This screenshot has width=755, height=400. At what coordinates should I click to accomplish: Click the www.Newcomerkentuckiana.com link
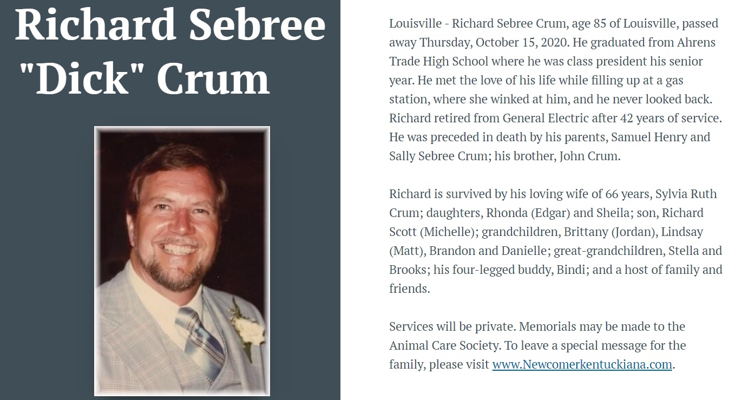coord(582,364)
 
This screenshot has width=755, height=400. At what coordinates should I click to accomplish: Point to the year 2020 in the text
coord(552,42)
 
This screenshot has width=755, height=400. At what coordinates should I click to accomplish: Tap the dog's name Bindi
coord(570,270)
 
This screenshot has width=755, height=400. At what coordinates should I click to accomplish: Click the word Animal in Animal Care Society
coord(410,345)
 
